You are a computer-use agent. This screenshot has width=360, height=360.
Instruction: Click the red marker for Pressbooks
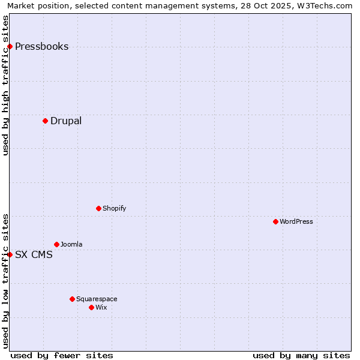click(x=10, y=47)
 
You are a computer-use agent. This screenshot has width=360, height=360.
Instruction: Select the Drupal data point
click(x=45, y=121)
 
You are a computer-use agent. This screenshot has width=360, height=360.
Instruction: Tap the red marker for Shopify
click(x=98, y=208)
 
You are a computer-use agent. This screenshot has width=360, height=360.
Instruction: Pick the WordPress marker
click(x=275, y=221)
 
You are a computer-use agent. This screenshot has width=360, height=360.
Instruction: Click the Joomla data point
click(x=56, y=244)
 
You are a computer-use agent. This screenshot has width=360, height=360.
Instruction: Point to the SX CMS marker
click(x=10, y=254)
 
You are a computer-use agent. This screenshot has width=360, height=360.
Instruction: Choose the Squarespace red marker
click(x=72, y=299)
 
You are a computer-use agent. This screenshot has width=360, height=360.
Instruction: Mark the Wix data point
click(x=91, y=307)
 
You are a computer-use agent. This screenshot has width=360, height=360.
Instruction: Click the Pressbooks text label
click(x=41, y=47)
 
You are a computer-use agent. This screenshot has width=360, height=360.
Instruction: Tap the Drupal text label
click(x=66, y=121)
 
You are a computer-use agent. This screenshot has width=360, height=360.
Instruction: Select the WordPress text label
click(x=296, y=221)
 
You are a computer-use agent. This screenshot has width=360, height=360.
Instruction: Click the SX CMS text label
click(x=34, y=254)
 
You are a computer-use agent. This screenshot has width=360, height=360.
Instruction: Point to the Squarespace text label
click(x=97, y=299)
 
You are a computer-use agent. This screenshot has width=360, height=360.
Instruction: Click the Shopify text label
click(x=114, y=208)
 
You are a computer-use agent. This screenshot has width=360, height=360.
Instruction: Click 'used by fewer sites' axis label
click(x=62, y=355)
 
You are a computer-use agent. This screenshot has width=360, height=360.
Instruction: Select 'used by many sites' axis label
click(x=301, y=355)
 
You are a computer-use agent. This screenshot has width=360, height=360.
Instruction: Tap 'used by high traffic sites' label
click(x=5, y=85)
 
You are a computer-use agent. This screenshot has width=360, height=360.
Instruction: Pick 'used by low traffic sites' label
click(x=5, y=281)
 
